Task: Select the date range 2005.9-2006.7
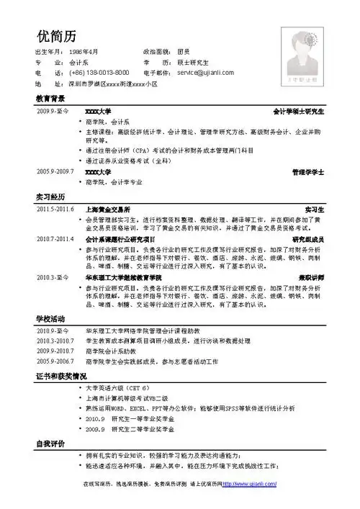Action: (x=55, y=360)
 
